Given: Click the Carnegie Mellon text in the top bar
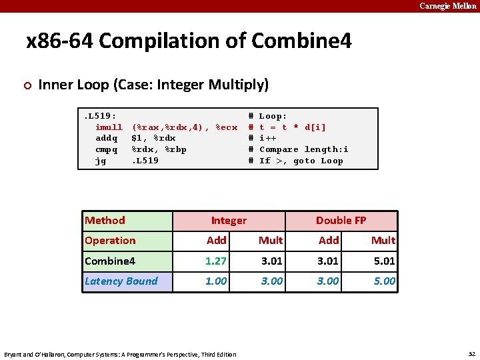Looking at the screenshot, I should tap(448, 6).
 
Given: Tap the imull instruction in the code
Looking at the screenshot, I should tap(109, 127).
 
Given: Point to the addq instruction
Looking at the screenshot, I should tap(107, 138).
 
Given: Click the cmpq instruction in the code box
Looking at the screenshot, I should tap(107, 149).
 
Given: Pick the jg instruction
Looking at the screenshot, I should tap(101, 161).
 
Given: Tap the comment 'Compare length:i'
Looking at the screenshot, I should tap(303, 149).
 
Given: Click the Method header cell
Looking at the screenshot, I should tap(105, 221).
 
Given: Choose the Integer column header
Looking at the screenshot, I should tap(229, 221).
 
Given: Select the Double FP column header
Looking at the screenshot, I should tap(341, 221).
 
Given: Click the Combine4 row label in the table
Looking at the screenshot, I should tap(110, 261).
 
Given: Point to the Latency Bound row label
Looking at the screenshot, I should tap(121, 281).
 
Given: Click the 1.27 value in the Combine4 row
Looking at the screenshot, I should tap(216, 261).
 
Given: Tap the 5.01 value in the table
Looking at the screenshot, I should tap(384, 261).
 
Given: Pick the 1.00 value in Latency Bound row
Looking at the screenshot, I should tap(216, 281).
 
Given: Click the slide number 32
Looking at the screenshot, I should tap(471, 353).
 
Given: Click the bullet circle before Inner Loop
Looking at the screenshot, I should tap(27, 85).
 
